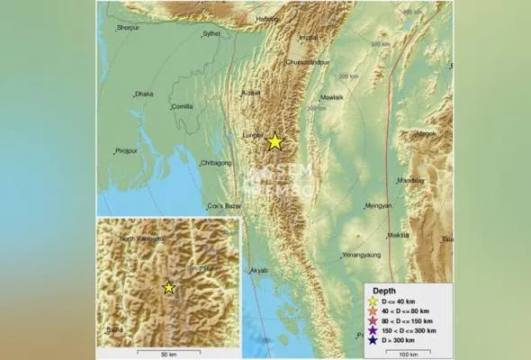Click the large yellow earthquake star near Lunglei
tap(274, 141)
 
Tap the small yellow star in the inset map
tap(168, 287)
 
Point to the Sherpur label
tap(130, 28)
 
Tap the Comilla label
tap(183, 106)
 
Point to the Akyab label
tap(258, 269)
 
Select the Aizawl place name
tap(252, 92)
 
